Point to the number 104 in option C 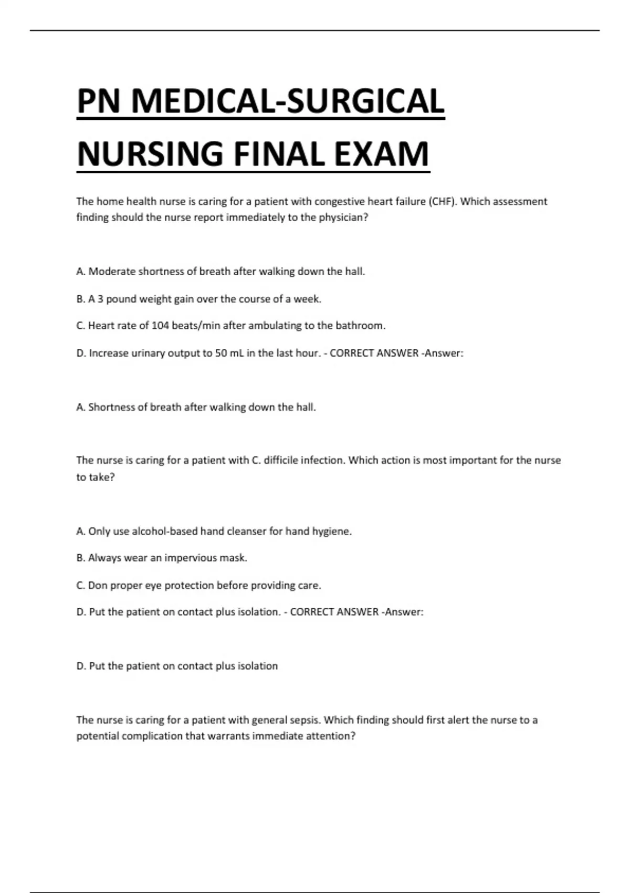(x=160, y=326)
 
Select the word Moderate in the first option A (x=112, y=272)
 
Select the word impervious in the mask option (x=191, y=558)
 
